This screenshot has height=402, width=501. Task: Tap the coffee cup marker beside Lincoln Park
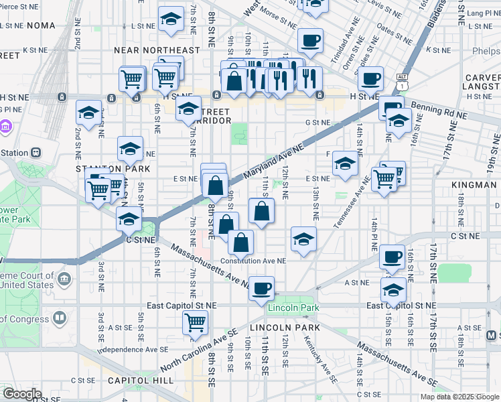coord(261,289)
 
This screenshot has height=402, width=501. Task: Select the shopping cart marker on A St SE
coord(195,322)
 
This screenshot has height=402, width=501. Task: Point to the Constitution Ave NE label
coord(253,261)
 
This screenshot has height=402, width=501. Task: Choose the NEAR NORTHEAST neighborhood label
coord(157,50)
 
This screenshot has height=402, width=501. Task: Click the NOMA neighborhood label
coord(40,25)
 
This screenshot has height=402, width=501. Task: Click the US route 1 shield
coord(401,86)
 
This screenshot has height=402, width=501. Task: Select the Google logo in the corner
coord(22,394)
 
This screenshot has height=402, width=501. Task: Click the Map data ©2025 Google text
coord(459,397)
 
